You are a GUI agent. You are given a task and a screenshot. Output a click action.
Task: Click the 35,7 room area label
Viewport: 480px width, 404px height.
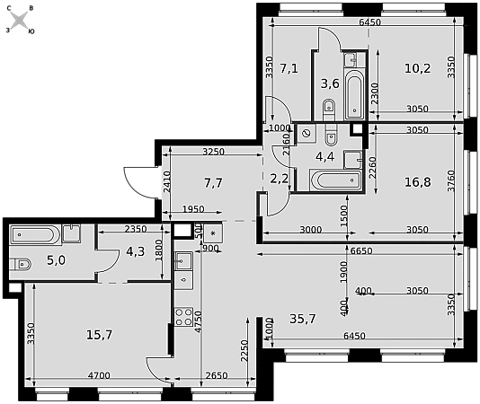(x=302, y=319)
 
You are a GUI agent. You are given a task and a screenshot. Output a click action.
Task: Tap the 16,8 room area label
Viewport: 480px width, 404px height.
(x=418, y=182)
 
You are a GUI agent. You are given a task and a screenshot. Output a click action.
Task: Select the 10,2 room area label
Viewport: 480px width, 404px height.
(x=418, y=68)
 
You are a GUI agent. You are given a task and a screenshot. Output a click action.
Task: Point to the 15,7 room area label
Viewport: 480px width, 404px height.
(x=100, y=335)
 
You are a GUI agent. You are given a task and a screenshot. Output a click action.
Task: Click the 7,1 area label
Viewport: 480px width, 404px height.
(x=289, y=68)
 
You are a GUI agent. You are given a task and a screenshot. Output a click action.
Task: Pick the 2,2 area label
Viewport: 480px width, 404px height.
(x=279, y=179)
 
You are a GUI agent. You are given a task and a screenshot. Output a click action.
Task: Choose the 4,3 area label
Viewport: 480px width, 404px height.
(x=136, y=251)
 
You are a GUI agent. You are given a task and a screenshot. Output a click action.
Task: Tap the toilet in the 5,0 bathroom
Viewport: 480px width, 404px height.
(x=20, y=264)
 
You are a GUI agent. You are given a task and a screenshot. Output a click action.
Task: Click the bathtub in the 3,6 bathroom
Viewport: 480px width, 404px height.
(x=354, y=94)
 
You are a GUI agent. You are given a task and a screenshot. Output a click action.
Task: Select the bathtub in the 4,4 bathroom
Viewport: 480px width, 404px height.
(x=336, y=180)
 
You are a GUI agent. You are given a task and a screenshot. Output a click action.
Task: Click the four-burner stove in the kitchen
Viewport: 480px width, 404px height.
(x=183, y=317)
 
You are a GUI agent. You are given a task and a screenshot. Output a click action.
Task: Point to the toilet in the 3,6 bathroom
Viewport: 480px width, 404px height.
(x=329, y=110)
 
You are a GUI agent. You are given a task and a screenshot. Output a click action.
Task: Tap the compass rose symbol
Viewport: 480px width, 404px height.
(x=20, y=21)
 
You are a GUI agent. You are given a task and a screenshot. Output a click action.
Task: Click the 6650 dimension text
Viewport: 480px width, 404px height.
(x=361, y=251)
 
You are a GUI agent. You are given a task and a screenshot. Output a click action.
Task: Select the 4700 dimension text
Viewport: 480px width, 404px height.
(x=99, y=375)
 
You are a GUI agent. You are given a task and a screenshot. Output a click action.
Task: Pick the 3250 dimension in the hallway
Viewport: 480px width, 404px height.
(x=214, y=152)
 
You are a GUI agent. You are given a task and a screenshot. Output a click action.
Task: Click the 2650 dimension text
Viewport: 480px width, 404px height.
(x=217, y=375)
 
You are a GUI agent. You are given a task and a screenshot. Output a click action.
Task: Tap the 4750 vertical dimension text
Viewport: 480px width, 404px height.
(x=199, y=321)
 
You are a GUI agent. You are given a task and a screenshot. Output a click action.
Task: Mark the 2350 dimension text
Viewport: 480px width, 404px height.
(x=136, y=229)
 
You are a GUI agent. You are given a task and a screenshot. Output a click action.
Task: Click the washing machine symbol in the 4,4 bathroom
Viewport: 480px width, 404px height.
(x=307, y=134)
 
